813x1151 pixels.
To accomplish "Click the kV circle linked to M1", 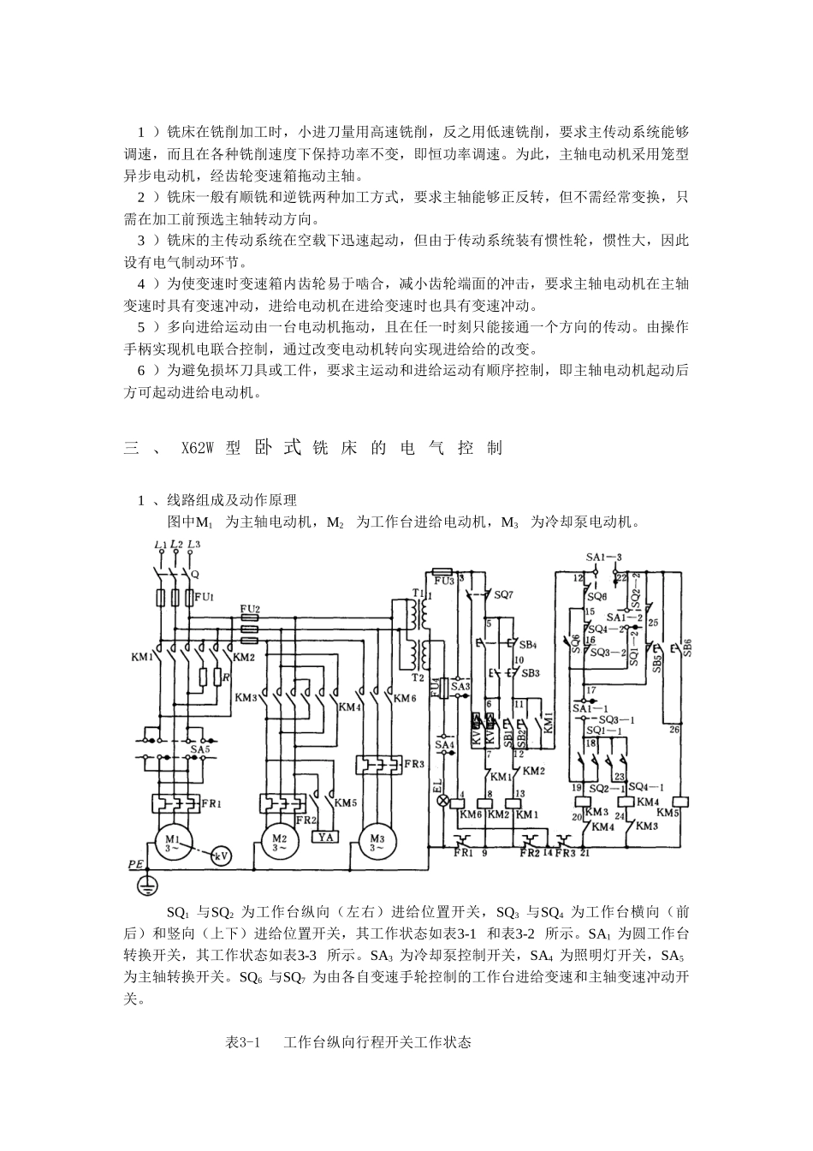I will [221, 856].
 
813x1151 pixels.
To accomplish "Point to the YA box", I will [325, 837].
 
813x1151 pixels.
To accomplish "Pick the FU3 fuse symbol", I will [443, 570].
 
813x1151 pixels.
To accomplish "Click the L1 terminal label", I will [159, 546].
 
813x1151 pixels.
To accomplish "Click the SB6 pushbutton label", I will [686, 647].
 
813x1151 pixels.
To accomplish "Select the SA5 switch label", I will [201, 749].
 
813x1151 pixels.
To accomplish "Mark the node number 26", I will [674, 730].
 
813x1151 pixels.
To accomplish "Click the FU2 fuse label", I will [250, 609].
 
